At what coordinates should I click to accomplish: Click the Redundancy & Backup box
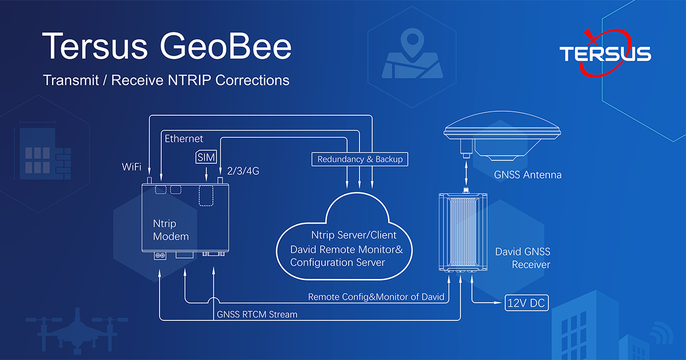click(x=360, y=159)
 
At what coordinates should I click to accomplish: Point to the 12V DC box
click(x=527, y=303)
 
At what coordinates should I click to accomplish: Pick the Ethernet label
click(x=184, y=139)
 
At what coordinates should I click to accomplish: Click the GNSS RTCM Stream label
click(x=257, y=315)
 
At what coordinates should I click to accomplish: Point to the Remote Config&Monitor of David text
click(x=376, y=297)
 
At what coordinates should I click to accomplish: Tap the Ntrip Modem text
click(x=170, y=229)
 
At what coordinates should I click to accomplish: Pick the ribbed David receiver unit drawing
click(x=463, y=232)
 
